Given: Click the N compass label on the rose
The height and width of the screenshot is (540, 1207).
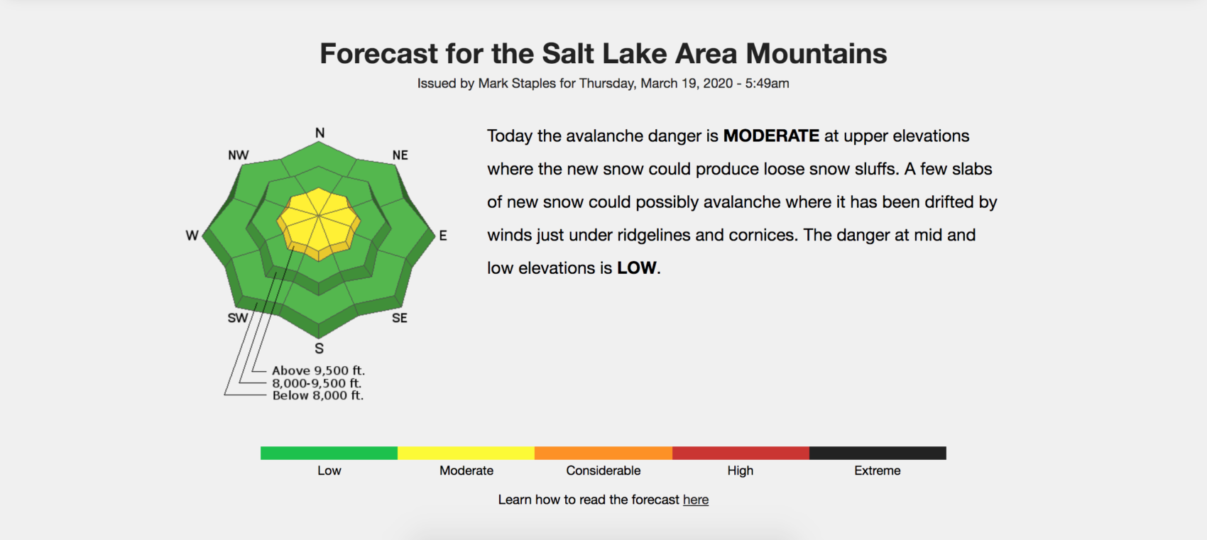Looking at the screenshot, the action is [x=320, y=133].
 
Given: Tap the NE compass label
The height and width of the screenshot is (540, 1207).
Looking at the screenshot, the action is [x=400, y=155].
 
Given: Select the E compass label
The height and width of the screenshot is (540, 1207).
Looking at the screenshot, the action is [x=443, y=236].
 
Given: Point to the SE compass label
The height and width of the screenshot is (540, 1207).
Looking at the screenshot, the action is [x=399, y=318].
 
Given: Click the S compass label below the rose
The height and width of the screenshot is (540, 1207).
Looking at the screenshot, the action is [x=319, y=348].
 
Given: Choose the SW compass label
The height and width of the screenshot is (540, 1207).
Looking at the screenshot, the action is [x=238, y=318].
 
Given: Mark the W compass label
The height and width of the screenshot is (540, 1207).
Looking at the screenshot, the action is [x=192, y=236].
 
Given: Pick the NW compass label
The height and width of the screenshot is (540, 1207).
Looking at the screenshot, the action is [x=238, y=155].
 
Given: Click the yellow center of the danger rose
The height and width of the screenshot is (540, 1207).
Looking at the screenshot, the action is [x=319, y=222].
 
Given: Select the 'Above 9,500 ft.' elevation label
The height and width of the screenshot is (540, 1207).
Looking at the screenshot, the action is [x=319, y=370].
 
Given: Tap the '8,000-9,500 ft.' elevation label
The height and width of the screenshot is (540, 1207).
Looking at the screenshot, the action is [x=317, y=383].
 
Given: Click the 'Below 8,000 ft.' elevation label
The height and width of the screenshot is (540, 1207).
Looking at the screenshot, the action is [x=318, y=396].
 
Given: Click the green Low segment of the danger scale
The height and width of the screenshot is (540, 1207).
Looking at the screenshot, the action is [x=329, y=453].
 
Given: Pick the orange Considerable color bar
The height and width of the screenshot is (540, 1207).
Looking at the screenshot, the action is [x=603, y=453].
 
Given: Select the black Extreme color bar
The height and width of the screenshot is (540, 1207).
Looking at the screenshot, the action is [x=878, y=453].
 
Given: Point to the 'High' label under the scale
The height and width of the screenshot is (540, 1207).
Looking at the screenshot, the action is [x=741, y=470].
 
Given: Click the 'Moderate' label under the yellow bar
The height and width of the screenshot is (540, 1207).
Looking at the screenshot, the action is [x=466, y=470].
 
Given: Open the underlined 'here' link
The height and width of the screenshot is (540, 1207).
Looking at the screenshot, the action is [x=696, y=500].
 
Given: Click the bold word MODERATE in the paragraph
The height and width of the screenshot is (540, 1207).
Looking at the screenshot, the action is [x=771, y=136].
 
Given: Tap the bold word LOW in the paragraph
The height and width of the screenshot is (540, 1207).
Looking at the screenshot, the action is [x=636, y=268].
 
